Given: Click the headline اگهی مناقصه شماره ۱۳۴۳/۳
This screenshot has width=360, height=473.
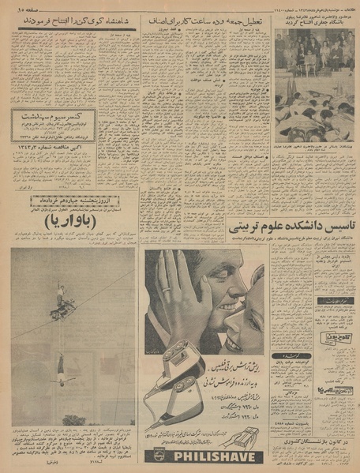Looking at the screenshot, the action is [53, 147].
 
